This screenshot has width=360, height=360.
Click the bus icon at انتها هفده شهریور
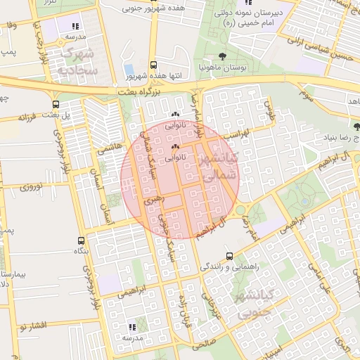[153, 64]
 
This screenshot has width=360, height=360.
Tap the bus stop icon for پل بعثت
[56, 105]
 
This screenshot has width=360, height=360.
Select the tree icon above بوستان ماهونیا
[223, 56]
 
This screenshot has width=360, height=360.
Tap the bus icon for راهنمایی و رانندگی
[229, 257]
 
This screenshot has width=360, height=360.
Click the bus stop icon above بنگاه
[78, 240]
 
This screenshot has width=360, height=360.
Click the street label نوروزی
[32, 188]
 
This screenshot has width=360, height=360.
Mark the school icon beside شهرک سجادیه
[75, 27]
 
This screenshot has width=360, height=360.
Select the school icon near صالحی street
[132, 327]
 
